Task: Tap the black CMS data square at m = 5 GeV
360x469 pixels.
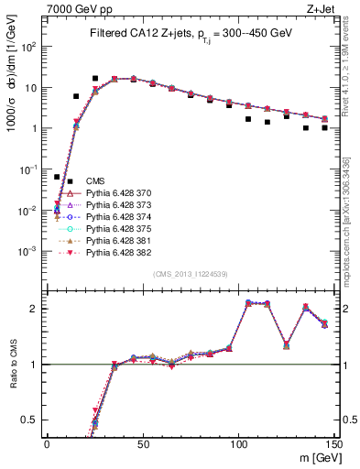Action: pos(57,177)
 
